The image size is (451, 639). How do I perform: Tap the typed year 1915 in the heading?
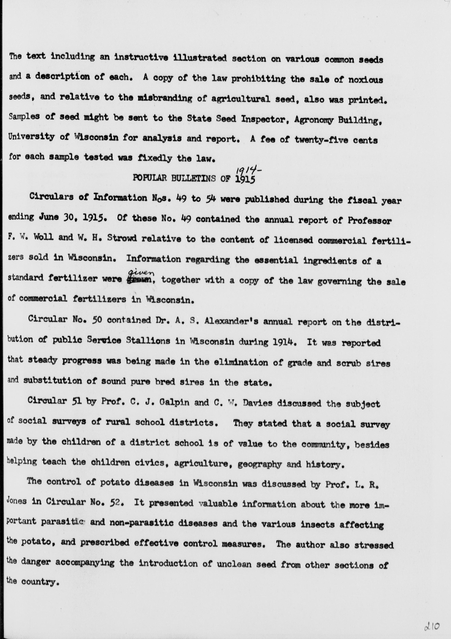[245, 179]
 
